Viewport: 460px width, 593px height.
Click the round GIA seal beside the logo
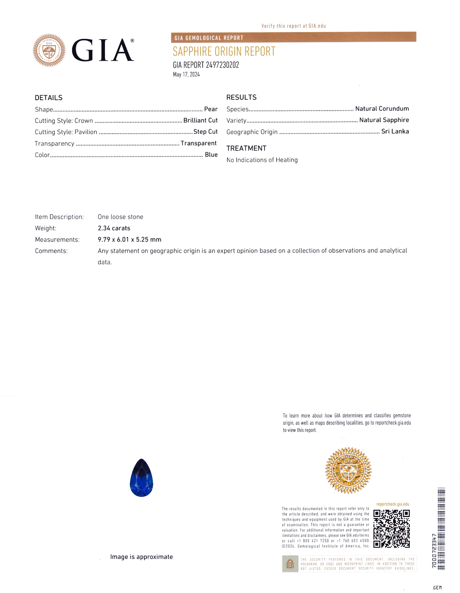coord(49,50)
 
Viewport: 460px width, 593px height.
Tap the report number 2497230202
coord(206,65)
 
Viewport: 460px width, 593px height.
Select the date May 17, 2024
coord(186,74)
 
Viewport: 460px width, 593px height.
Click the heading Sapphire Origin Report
coord(224,52)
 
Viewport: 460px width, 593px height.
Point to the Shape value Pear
coord(211,109)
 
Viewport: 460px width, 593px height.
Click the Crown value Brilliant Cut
coord(200,120)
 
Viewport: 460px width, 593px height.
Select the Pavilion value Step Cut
coord(205,132)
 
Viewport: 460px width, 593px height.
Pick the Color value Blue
coord(211,154)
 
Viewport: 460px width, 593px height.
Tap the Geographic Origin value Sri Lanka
coord(395,131)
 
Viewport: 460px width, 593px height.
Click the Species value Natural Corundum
coord(382,109)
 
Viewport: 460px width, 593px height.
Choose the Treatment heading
coord(246,148)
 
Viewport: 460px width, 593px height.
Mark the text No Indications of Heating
coord(262,160)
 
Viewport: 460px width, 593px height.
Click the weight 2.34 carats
coord(114,228)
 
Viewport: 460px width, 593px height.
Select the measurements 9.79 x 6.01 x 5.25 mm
coord(129,239)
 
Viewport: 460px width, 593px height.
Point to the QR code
coord(391,528)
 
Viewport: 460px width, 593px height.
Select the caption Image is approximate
coord(141,557)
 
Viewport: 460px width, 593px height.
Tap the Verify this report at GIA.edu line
coord(293,26)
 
